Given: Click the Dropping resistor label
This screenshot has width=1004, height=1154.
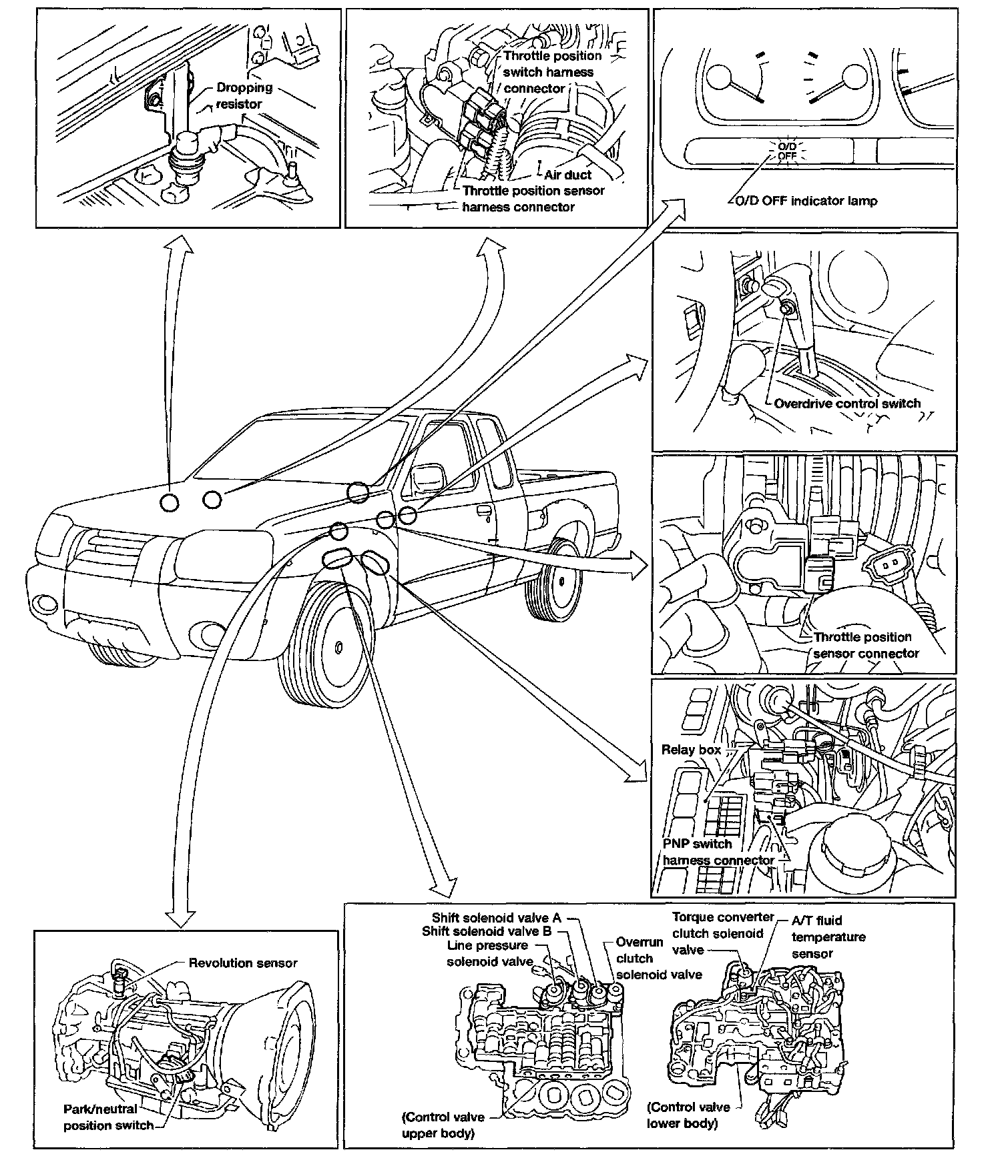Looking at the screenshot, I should (x=244, y=95).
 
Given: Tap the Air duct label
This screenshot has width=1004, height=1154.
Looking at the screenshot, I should (x=567, y=175).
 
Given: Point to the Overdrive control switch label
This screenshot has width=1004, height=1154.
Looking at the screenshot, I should (x=846, y=404).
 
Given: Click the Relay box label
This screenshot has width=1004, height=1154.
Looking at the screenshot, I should (x=690, y=750).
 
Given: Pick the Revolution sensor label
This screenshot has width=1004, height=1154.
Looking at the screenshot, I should (x=242, y=963).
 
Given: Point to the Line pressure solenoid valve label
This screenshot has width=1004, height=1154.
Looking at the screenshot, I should (x=490, y=953).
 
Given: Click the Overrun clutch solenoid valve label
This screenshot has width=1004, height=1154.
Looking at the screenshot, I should (x=658, y=959).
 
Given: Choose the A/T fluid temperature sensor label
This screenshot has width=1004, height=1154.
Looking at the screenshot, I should (x=828, y=937).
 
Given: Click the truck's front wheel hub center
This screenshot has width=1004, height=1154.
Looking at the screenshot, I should (x=338, y=646).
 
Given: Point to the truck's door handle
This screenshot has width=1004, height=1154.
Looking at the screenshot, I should (x=481, y=512).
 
